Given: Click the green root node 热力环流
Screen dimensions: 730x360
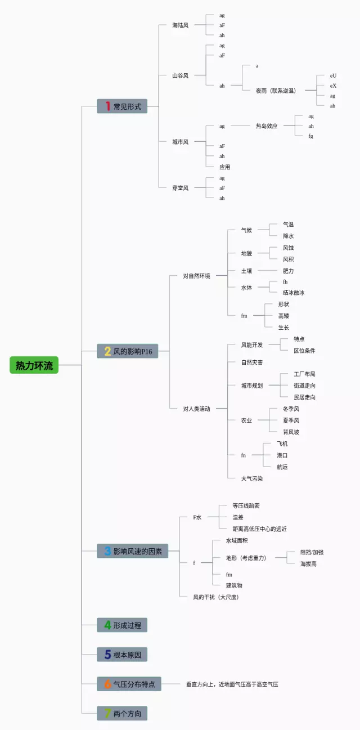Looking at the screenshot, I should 34,365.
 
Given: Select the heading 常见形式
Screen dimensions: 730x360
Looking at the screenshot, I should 127,106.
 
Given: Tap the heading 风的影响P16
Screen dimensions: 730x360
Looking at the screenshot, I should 133,351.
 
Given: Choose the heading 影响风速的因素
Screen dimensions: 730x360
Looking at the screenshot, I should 137,551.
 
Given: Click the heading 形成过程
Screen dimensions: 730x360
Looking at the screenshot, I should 127,625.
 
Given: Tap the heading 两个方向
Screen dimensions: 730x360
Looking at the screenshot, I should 127,714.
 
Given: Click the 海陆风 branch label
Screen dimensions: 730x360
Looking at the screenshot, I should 180,25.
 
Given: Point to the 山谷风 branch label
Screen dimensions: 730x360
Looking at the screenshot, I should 180,75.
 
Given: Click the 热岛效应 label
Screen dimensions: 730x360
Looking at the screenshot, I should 267,126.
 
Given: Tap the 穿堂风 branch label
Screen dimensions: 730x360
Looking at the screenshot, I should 180,188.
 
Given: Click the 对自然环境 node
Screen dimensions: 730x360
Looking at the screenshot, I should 196,276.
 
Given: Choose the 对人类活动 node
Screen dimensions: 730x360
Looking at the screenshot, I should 196,409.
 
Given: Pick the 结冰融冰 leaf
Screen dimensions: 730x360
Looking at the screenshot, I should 294,293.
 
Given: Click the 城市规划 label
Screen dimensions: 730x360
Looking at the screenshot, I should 252,386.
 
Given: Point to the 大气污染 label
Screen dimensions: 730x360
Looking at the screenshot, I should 252,478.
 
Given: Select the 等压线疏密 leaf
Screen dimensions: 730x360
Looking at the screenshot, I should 246,506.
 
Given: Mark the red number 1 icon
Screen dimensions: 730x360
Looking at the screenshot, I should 107,106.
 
